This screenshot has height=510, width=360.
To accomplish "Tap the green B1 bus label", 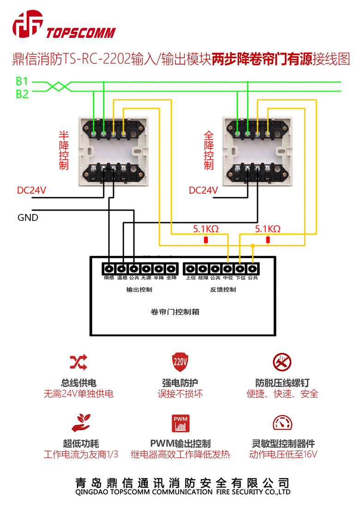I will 22,82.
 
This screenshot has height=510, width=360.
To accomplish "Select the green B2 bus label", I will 22,94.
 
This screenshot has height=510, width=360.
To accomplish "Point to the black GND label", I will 28,217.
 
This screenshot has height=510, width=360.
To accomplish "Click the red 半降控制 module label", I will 64,150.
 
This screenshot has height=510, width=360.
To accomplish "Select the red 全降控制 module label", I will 209,150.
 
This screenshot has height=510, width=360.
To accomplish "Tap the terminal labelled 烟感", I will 109,268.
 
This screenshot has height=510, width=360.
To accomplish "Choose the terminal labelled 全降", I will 171,268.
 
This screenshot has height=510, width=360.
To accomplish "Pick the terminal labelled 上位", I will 190,268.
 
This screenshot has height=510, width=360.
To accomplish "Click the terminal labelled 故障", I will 203,268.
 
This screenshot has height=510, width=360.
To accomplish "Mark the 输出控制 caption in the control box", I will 139,290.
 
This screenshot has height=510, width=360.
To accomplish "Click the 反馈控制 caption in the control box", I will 223,290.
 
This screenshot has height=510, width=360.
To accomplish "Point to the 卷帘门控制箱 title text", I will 175,312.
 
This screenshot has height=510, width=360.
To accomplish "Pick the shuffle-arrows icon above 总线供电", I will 78,362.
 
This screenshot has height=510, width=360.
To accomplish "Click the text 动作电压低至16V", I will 283,454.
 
